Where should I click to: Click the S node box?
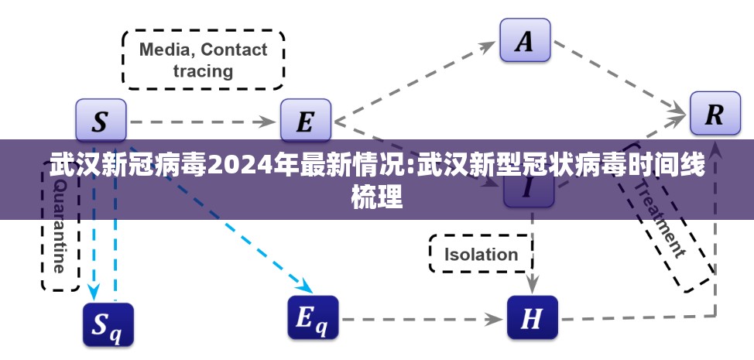pyautogui.click(x=101, y=120)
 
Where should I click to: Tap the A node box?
pyautogui.click(x=524, y=39)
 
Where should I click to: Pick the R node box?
pyautogui.click(x=714, y=115)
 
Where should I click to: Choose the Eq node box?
pyautogui.click(x=313, y=317)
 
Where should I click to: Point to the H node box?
pyautogui.click(x=532, y=317)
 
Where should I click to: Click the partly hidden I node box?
pyautogui.click(x=529, y=194)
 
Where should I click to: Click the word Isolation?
pyautogui.click(x=481, y=254)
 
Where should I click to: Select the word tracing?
pyautogui.click(x=203, y=71)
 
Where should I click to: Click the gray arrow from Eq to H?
pyautogui.click(x=422, y=317)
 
